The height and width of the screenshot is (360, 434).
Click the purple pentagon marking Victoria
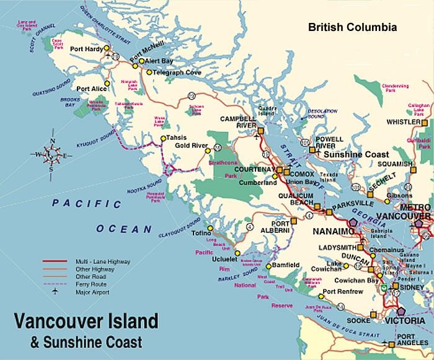click(x=402, y=312)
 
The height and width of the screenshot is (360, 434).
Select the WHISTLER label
click(x=403, y=122)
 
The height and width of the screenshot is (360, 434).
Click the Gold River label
click(x=191, y=146)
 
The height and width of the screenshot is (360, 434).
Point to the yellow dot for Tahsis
click(x=163, y=138)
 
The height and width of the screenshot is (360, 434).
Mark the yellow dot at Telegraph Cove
click(x=149, y=72)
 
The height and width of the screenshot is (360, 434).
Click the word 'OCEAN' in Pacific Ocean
click(x=123, y=229)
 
